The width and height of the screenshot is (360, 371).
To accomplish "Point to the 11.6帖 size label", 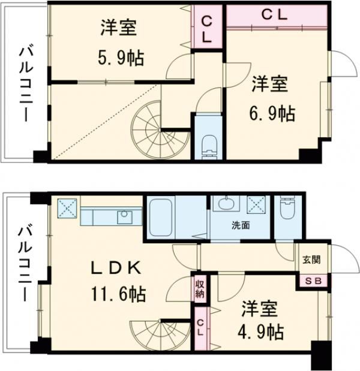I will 118,294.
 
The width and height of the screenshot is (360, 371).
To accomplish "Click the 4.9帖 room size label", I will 260,331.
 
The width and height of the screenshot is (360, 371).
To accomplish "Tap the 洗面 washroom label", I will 241,226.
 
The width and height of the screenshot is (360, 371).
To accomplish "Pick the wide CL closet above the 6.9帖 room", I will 276,15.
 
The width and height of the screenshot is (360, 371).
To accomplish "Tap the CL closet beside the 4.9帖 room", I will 200,327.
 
